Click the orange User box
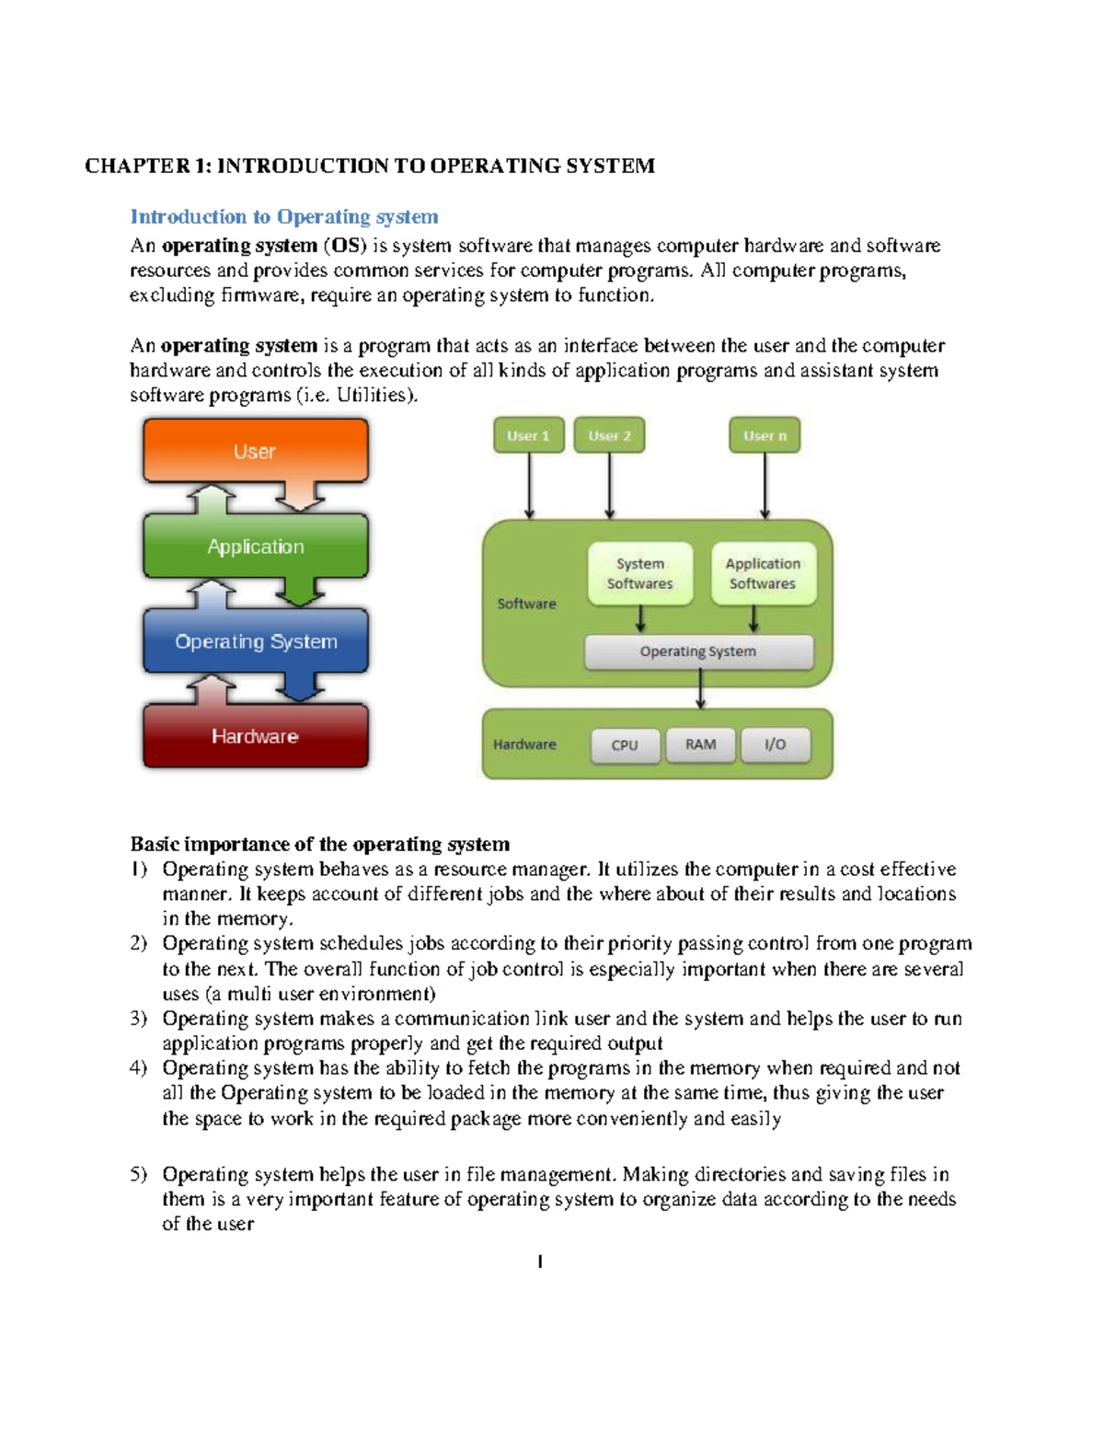255,451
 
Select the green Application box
255,547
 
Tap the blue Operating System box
255,641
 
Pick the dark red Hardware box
255,736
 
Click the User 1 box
528,435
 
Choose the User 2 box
609,435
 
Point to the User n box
765,435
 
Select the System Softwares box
640,573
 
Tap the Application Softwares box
763,573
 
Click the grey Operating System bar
698,651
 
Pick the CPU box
625,745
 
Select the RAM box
700,744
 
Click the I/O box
776,744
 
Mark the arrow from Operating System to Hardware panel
700,688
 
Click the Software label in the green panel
526,604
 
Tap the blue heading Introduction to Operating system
283,217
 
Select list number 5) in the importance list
138,1174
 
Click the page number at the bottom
540,1262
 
